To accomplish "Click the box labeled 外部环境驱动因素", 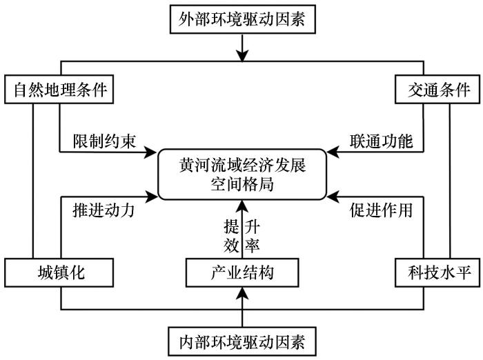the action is [243, 19].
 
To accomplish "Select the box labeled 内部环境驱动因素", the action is [242, 341].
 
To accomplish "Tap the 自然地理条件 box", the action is [59, 89].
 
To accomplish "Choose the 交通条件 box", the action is [437, 89].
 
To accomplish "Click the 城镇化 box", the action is [59, 273].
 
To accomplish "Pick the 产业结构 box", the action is [242, 273].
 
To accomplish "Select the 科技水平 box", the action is [437, 273].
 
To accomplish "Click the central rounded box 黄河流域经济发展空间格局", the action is [242, 174].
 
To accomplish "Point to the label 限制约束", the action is [104, 141].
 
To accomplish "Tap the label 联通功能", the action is [381, 141].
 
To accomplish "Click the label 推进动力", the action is [103, 210].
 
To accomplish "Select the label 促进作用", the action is [381, 210].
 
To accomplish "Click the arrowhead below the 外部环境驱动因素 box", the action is [242, 56].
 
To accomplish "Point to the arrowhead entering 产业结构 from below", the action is [242, 294].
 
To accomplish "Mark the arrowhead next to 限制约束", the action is [151, 152].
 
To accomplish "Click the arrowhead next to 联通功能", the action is [333, 152].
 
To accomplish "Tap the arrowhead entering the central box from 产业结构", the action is [242, 206].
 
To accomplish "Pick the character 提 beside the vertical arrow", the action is [232, 227].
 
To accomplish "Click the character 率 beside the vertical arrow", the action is [252, 246].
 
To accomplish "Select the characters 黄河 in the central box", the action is [195, 165].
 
